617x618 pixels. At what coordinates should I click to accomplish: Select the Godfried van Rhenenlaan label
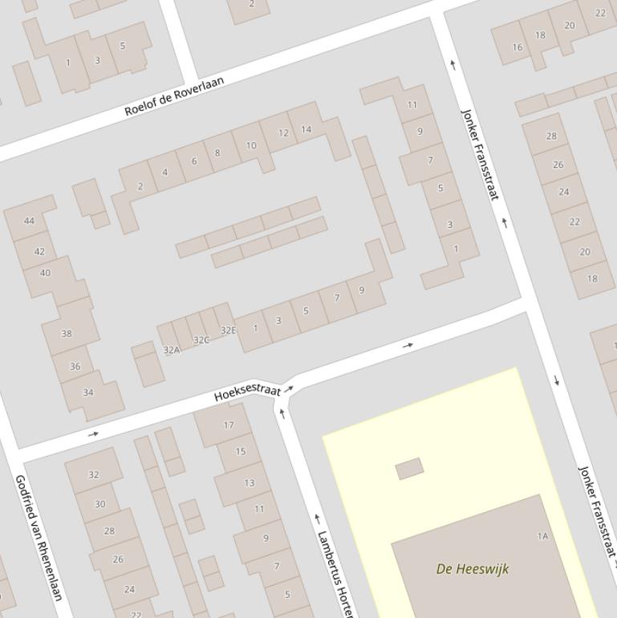(x=39, y=536)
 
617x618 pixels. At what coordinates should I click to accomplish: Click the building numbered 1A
(x=542, y=535)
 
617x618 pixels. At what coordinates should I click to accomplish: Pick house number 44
(x=30, y=221)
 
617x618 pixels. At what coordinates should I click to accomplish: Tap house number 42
(x=39, y=251)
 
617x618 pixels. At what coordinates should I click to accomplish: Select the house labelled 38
(x=67, y=333)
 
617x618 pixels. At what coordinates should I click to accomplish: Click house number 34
(x=88, y=392)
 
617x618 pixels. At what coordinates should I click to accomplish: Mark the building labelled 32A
(x=171, y=350)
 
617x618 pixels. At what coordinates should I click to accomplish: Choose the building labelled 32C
(x=201, y=339)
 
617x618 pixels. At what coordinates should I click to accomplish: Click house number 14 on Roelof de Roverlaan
(x=306, y=129)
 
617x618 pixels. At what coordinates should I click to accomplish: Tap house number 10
(x=251, y=145)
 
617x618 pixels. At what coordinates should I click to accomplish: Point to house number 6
(x=193, y=161)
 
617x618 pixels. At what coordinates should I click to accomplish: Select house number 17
(x=229, y=425)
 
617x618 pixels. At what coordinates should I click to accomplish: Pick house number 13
(x=249, y=482)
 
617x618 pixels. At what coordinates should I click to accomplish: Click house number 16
(x=518, y=47)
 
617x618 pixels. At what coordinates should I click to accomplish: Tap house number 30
(x=100, y=504)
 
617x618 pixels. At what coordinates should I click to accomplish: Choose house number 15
(x=241, y=452)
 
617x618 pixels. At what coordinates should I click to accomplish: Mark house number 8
(x=217, y=152)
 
